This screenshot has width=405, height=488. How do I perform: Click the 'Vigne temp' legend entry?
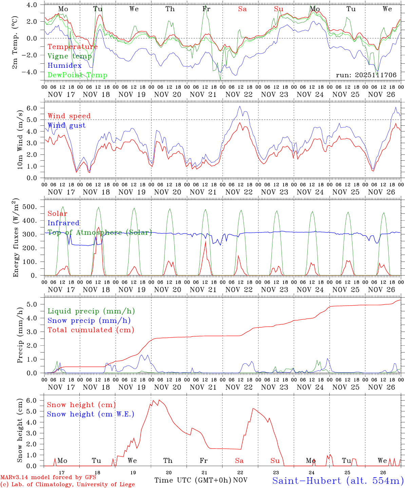(70, 56)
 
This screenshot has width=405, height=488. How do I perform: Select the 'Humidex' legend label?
(65, 66)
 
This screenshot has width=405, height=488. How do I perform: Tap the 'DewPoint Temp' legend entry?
(77, 75)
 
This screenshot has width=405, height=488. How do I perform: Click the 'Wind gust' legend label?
(67, 125)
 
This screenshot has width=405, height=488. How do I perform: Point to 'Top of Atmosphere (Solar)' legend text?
(100, 232)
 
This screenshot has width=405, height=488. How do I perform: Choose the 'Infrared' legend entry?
(63, 223)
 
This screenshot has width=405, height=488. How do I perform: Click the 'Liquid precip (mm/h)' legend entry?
(91, 311)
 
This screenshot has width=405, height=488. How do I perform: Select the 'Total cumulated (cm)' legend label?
(91, 330)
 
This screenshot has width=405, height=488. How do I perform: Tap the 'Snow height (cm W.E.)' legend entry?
(91, 414)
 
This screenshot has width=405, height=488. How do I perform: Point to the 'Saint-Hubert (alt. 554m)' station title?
(338, 481)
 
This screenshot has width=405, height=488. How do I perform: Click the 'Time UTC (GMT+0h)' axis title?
(193, 480)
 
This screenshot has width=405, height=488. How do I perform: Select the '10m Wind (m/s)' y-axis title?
(20, 139)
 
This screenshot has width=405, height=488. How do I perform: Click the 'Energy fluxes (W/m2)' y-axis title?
(16, 238)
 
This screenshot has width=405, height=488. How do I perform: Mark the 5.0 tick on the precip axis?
(33, 304)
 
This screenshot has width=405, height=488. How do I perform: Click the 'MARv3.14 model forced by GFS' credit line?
(48, 477)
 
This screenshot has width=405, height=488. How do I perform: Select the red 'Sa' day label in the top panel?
(242, 9)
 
